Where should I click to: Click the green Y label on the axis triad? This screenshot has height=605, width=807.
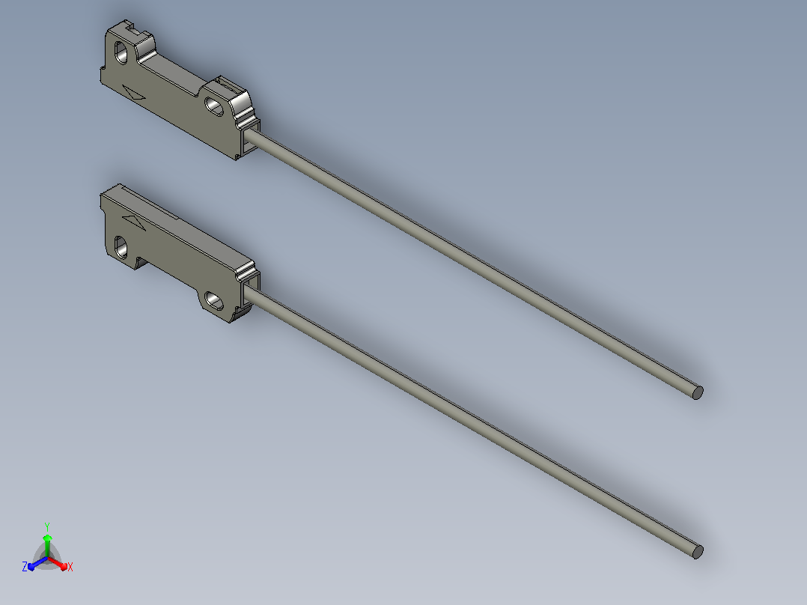pos(47,526)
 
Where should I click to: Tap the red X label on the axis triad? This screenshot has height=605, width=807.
pos(70,567)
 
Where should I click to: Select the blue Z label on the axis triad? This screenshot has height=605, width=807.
pos(25,566)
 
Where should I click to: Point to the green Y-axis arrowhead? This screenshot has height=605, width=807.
pos(47,538)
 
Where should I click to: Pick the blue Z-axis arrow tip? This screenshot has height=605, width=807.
pos(31,567)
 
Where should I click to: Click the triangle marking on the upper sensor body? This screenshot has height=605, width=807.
pos(134,93)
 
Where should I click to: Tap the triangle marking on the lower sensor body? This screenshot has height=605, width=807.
pos(134,222)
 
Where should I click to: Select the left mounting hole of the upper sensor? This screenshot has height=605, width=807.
pos(121,52)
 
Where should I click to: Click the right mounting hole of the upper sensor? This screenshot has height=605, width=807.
pos(215,106)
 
